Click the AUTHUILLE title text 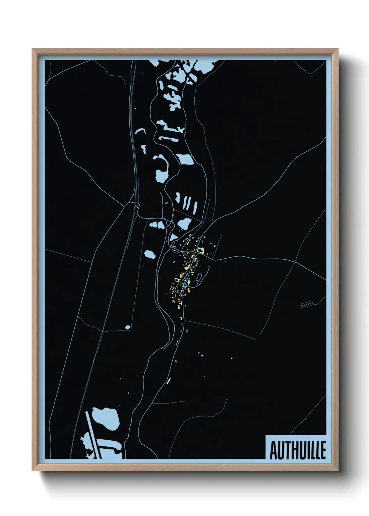(x=298, y=450)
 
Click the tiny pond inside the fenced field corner (x=128, y=327)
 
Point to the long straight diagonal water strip (x=93, y=434)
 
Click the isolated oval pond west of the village (x=150, y=254)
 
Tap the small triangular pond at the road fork (x=173, y=237)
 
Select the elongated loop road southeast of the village (x=199, y=279)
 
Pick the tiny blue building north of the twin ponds (x=166, y=203)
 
